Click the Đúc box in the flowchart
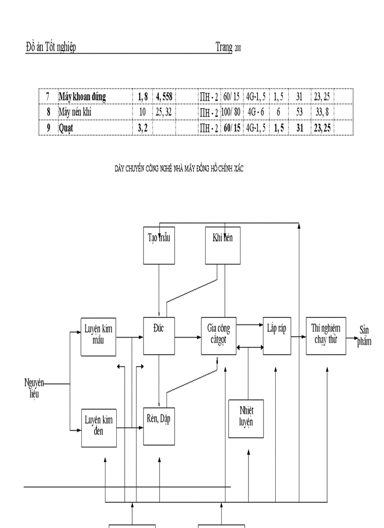click(x=159, y=336)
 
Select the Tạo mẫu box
click(x=159, y=245)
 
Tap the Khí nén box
click(x=223, y=245)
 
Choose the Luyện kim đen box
click(x=98, y=427)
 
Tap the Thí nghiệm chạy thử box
click(x=326, y=336)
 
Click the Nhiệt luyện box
click(x=246, y=418)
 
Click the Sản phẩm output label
click(x=364, y=336)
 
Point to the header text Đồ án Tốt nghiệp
click(x=51, y=47)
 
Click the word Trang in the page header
click(x=224, y=47)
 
